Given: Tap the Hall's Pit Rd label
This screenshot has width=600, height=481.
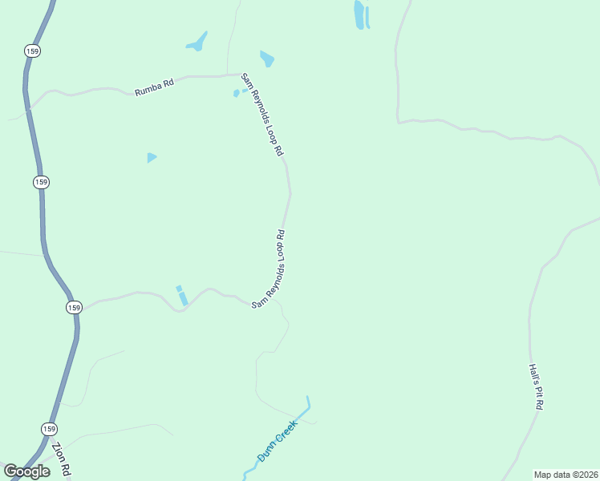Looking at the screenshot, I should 536,387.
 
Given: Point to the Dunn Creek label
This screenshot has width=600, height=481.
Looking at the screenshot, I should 277,447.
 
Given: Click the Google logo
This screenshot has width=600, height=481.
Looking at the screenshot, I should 26,471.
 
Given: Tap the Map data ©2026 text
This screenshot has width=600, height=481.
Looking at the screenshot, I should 566,475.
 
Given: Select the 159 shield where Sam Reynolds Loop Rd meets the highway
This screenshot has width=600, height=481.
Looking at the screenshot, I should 74,307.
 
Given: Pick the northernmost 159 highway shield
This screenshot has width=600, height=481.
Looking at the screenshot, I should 32,51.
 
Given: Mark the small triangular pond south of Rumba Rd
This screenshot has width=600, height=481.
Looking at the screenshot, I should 151,158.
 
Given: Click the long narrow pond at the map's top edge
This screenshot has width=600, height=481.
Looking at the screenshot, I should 359,14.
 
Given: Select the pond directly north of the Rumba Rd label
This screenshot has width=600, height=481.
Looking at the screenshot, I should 197,42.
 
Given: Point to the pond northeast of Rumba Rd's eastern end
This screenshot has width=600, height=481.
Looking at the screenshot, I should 267,59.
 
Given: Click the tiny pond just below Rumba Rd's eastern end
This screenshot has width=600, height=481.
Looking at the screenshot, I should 237,93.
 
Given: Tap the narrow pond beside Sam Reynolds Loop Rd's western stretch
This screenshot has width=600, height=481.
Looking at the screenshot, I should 182,295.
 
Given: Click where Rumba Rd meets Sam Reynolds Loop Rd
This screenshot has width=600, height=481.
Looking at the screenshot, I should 241,75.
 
